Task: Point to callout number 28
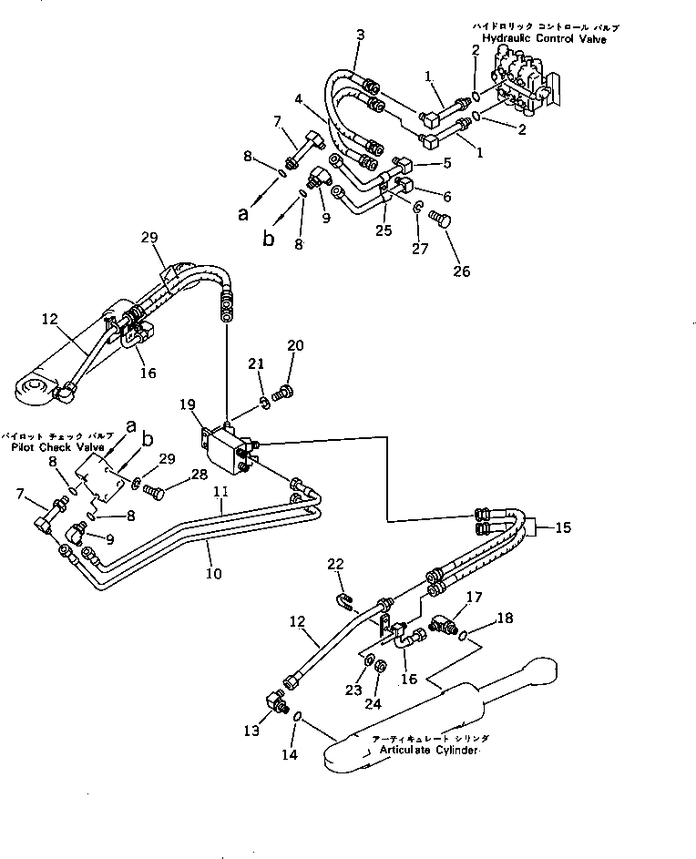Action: point(199,476)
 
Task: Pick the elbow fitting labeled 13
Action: point(274,703)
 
